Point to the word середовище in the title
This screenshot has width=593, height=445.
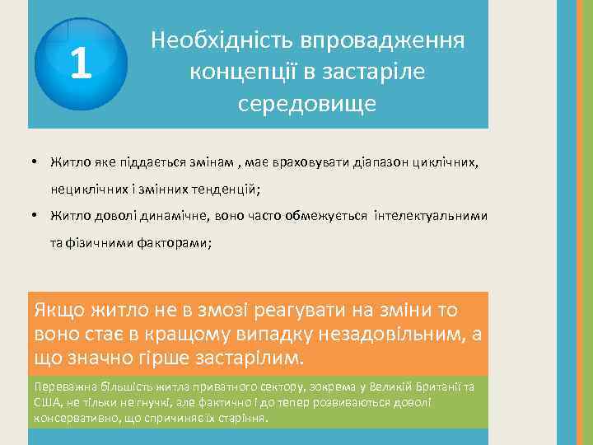307,105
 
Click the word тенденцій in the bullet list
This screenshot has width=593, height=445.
224,189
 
